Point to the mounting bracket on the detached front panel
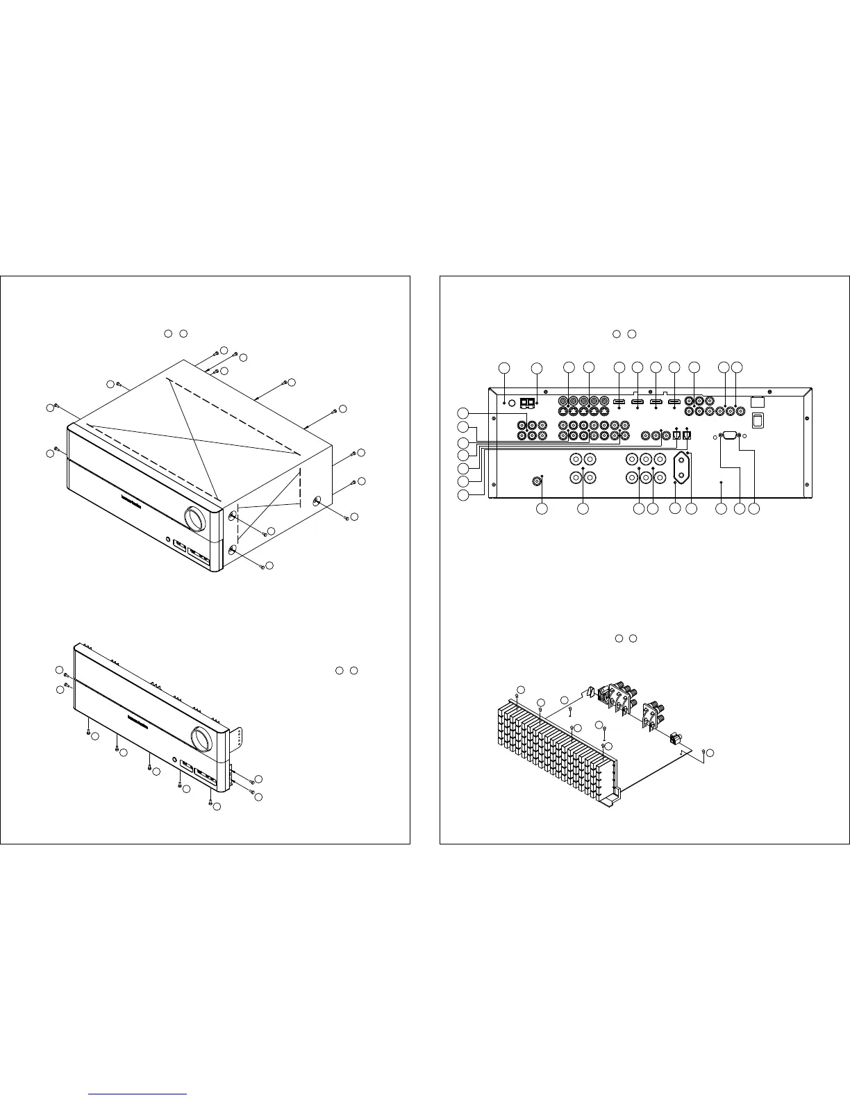coord(239,739)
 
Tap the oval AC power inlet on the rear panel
coord(681,467)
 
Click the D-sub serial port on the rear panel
coord(729,436)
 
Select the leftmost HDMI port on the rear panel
coord(619,402)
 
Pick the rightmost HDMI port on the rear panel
coord(673,402)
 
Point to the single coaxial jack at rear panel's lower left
coord(537,480)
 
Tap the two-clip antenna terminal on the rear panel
coord(528,402)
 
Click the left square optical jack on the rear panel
coord(676,436)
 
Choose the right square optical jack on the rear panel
coord(687,436)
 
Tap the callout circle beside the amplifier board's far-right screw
coord(710,753)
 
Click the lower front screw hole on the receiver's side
coord(232,549)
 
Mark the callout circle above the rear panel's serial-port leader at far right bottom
coord(756,509)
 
